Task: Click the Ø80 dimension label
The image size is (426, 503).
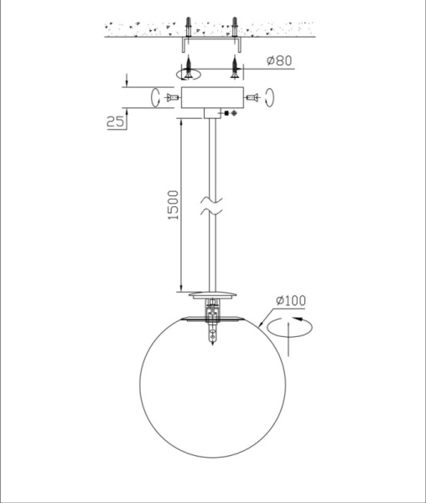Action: [x=279, y=60]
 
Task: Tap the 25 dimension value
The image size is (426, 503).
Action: [x=115, y=122]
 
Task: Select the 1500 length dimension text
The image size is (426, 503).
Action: [x=174, y=205]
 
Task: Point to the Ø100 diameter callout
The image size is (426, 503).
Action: [x=291, y=301]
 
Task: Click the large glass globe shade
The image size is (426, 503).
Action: [x=212, y=386]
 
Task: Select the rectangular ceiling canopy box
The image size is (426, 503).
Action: [x=212, y=97]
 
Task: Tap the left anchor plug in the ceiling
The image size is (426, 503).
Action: [x=189, y=27]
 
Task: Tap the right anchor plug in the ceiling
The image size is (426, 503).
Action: [x=235, y=27]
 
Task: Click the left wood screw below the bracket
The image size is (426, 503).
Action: [x=189, y=67]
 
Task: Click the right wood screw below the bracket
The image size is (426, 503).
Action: [x=235, y=67]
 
